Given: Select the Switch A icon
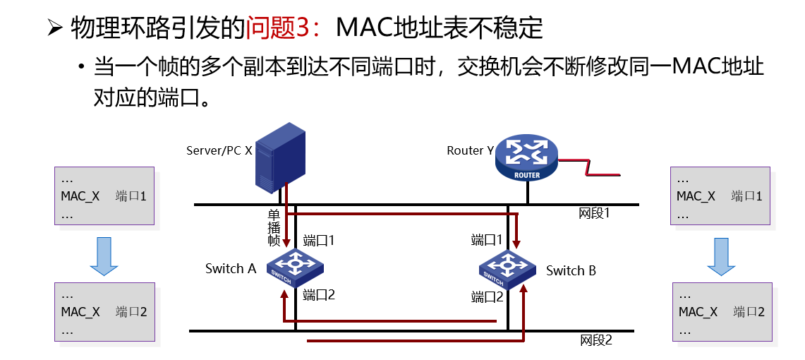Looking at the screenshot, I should tap(295, 267).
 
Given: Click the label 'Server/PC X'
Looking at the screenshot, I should tap(219, 150).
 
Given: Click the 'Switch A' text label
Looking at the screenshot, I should tap(230, 268).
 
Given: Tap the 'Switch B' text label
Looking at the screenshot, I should tap(571, 270).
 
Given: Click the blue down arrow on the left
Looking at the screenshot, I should tap(104, 255).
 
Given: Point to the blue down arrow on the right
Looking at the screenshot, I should tap(721, 255).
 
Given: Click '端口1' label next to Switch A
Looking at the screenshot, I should tap(318, 240).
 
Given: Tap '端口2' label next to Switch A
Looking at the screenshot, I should tap(319, 295).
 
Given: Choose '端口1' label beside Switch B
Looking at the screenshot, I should tap(487, 240).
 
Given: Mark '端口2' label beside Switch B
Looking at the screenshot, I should tap(487, 297).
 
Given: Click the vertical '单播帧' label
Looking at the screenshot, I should tap(274, 227).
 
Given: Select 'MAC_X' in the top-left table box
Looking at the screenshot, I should tap(80, 196).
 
